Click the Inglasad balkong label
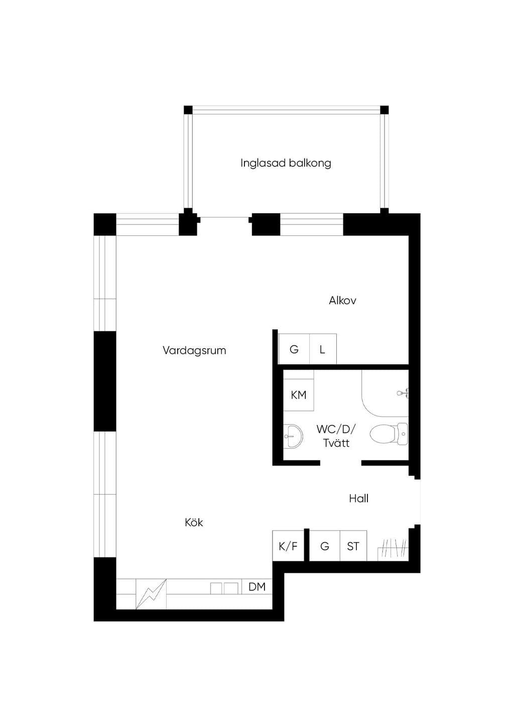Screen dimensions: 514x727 coord(286,163)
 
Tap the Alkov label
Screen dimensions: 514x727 coord(342,301)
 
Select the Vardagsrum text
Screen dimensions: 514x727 coord(194,350)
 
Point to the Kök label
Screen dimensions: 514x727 coord(194,522)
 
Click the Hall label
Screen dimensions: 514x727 coord(358,498)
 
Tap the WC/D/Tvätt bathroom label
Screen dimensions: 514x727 coord(336,436)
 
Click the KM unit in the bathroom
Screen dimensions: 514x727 coord(299,395)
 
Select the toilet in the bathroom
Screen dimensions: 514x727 coord(389,434)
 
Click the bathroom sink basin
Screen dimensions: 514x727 coord(293,436)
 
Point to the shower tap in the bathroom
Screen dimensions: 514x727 coord(403,393)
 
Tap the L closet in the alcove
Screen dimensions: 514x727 coord(323,349)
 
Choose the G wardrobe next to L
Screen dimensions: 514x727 coord(294,349)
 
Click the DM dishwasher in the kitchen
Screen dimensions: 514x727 coord(257,586)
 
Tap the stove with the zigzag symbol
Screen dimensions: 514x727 coord(151,594)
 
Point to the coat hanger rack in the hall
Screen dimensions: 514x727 coord(393,549)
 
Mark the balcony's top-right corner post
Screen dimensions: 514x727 coord(384,109)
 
